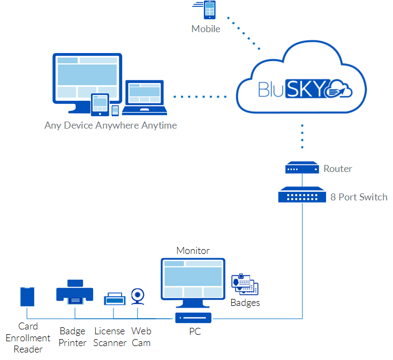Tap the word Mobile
(206, 29)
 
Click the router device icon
(302, 169)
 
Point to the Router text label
(338, 169)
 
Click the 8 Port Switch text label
(359, 197)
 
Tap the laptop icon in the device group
(143, 98)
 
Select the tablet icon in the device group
(100, 104)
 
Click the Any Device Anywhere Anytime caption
(111, 126)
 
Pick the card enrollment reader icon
(27, 296)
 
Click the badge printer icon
(74, 292)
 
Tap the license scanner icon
(114, 299)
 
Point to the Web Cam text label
(141, 337)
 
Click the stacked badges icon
(245, 284)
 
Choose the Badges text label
(245, 303)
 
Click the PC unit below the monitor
(194, 318)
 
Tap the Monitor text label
(193, 250)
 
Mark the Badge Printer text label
(73, 337)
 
